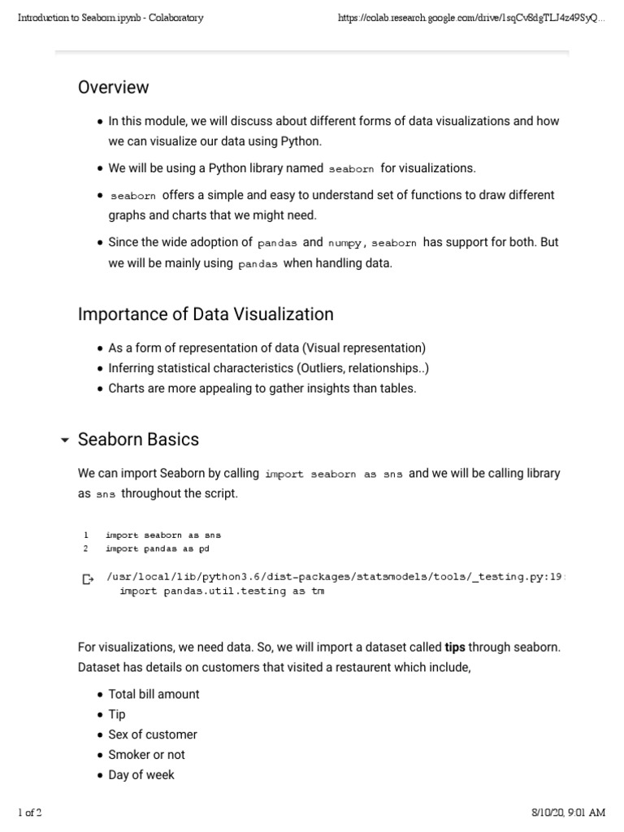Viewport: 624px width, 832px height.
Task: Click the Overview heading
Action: (113, 87)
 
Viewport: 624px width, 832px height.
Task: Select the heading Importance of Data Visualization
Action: (205, 314)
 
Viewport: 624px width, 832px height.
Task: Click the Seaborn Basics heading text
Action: (138, 440)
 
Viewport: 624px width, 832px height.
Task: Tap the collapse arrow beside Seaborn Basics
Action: (64, 440)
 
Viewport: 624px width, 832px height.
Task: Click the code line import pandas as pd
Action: (150, 548)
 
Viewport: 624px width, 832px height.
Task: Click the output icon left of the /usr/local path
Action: (88, 579)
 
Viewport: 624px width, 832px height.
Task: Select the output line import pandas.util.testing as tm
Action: (221, 591)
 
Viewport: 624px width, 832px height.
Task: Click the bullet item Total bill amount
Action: (154, 694)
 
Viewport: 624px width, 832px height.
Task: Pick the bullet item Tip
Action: (117, 714)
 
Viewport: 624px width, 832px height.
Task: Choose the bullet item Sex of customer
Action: (153, 734)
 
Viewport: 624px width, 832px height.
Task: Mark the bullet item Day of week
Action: (141, 775)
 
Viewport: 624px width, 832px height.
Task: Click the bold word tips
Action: (455, 648)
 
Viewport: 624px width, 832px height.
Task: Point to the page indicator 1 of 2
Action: (31, 812)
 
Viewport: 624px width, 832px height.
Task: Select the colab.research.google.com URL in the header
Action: (471, 18)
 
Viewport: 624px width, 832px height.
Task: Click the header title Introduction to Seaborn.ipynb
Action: (110, 18)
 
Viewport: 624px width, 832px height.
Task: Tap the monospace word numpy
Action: (346, 243)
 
